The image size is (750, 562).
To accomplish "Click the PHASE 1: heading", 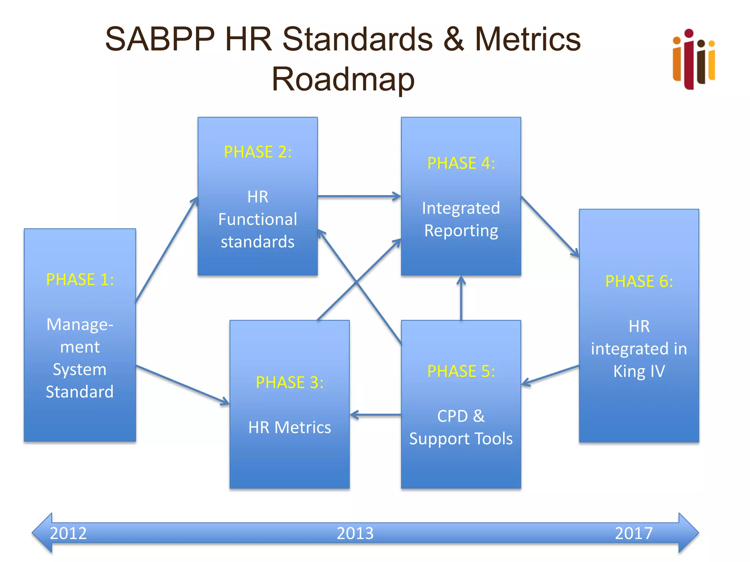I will point(80,280).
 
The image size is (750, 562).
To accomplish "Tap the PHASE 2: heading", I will point(257,152).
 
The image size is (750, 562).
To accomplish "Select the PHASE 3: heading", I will point(289,383).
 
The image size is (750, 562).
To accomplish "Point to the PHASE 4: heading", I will point(461,163).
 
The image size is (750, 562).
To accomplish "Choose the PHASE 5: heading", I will point(461,371).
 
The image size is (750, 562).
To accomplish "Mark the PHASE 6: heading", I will point(639,281).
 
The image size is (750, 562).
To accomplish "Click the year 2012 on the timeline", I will point(68,533).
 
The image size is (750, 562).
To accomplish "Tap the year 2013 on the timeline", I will point(355,533).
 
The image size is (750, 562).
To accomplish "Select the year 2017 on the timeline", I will point(634,533).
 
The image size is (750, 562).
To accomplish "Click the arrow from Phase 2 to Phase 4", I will point(359,196).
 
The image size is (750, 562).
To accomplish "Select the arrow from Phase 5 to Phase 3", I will point(375,415).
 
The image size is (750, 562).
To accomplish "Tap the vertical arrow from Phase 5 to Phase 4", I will point(461,298).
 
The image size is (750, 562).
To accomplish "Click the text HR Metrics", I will point(289,427).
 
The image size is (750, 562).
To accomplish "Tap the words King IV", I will point(639,371).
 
